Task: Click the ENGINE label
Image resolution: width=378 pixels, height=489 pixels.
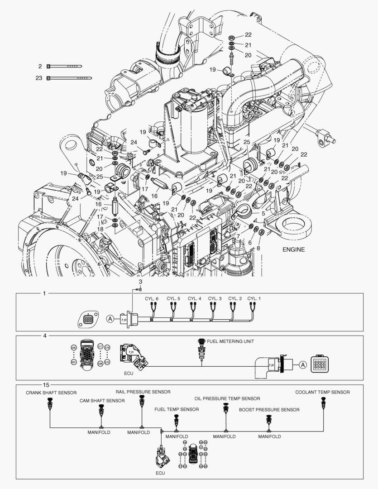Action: [x=294, y=249]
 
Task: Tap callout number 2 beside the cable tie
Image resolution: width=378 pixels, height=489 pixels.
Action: [x=40, y=67]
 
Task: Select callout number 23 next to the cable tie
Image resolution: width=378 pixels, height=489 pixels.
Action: [x=39, y=78]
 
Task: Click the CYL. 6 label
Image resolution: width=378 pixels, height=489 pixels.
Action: [x=152, y=299]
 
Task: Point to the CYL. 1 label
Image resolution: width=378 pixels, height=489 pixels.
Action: [x=254, y=299]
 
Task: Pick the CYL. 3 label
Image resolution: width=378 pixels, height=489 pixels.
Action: [x=215, y=299]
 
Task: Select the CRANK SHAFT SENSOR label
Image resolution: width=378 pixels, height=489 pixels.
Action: [x=51, y=393]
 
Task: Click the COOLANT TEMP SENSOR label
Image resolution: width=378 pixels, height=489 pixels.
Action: [x=322, y=392]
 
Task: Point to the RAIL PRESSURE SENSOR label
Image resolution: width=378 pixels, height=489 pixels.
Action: [x=143, y=392]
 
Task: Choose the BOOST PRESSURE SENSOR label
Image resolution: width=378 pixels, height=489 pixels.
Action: [x=269, y=410]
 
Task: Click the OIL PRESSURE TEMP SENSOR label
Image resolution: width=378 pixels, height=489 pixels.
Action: [x=227, y=398]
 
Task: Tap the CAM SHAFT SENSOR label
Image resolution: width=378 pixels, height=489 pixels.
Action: [x=102, y=401]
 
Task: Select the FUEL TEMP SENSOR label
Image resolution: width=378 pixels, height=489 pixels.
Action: [x=177, y=409]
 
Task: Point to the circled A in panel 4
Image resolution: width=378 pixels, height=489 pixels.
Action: [x=302, y=364]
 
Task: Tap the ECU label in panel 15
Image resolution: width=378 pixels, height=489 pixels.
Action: [x=160, y=473]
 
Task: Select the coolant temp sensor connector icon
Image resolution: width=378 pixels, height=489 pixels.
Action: [x=323, y=402]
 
